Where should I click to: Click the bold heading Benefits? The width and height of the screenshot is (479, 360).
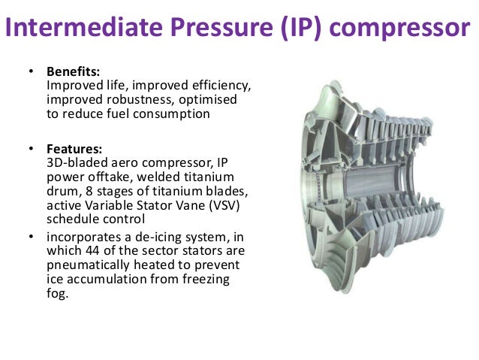[74, 72]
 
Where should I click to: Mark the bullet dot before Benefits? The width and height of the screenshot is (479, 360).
[32, 73]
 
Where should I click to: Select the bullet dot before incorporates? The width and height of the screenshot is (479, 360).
[32, 237]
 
